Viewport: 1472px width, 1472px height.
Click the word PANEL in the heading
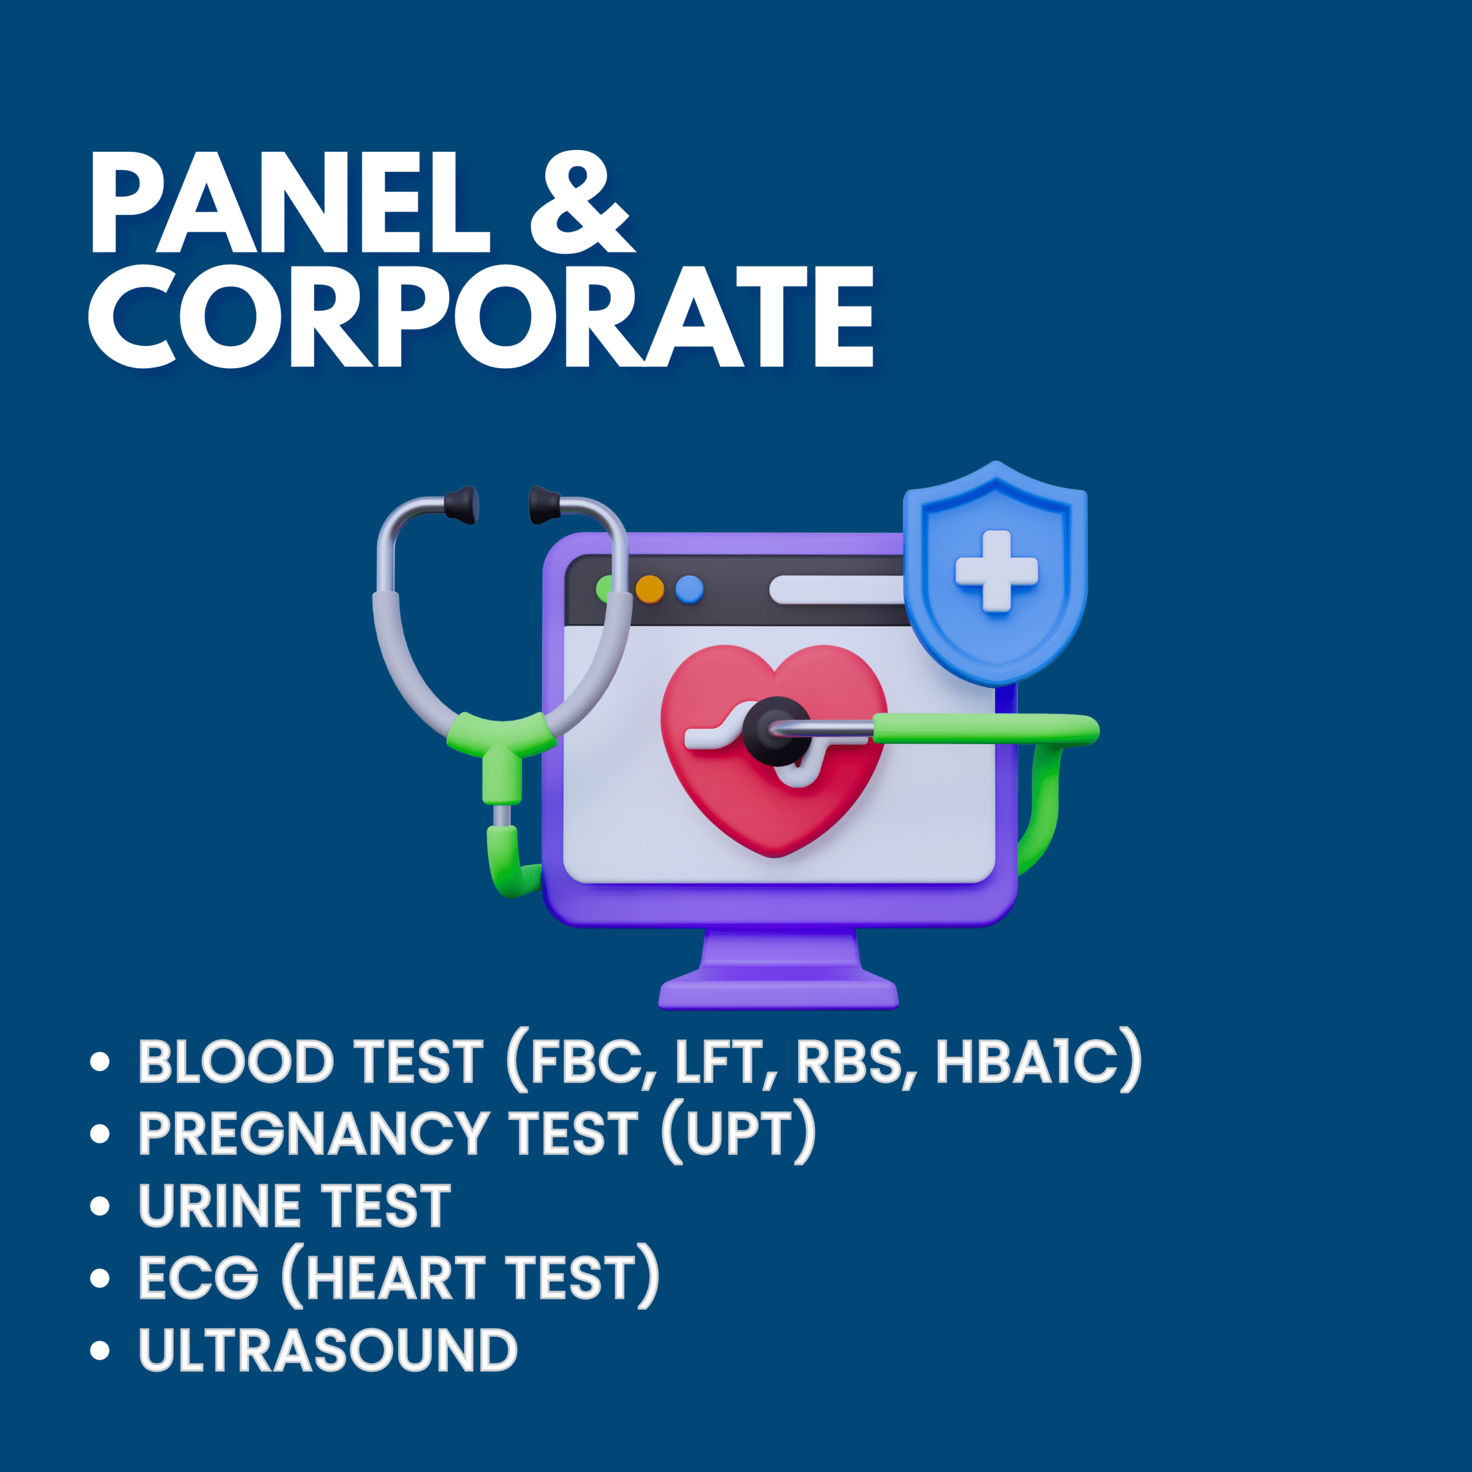pyautogui.click(x=290, y=202)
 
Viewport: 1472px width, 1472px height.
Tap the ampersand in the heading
pyautogui.click(x=582, y=202)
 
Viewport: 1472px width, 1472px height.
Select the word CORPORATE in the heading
pyautogui.click(x=481, y=317)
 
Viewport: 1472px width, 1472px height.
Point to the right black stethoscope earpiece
pyautogui.click(x=544, y=504)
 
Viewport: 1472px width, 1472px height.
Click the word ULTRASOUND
pyautogui.click(x=328, y=1350)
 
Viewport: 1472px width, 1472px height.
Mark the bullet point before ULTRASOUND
pyautogui.click(x=100, y=1350)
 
